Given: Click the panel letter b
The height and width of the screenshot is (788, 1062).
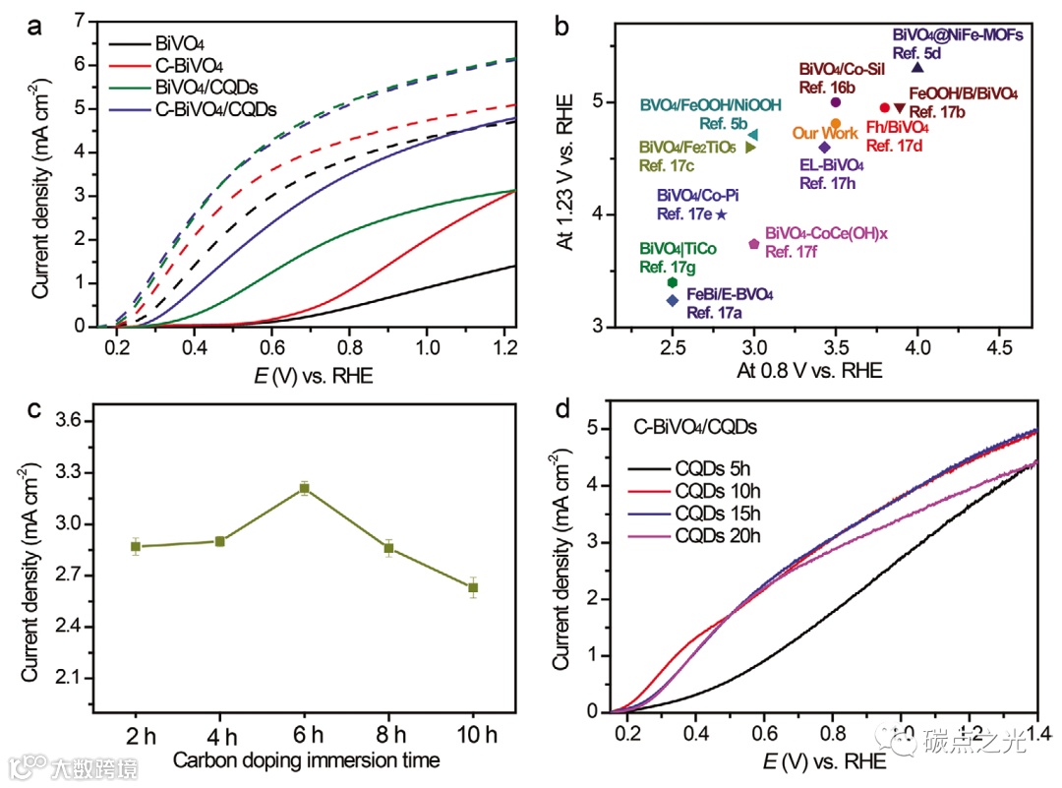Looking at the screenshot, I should [562, 27].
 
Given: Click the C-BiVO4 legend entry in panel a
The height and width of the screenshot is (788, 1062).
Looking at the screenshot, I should [190, 65].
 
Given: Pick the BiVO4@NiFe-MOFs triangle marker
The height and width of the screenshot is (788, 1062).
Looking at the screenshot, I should [917, 67].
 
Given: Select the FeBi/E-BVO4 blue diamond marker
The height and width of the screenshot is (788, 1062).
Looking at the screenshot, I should [673, 300].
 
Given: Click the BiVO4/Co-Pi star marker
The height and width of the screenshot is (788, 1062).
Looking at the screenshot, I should [722, 213].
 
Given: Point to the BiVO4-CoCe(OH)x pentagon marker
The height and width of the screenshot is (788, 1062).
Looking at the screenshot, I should [754, 244].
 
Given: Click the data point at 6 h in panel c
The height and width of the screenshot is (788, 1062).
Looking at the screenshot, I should [305, 488].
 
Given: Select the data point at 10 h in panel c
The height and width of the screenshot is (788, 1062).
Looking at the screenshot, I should [473, 587].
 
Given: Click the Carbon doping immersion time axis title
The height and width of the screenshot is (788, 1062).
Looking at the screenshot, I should [305, 760].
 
